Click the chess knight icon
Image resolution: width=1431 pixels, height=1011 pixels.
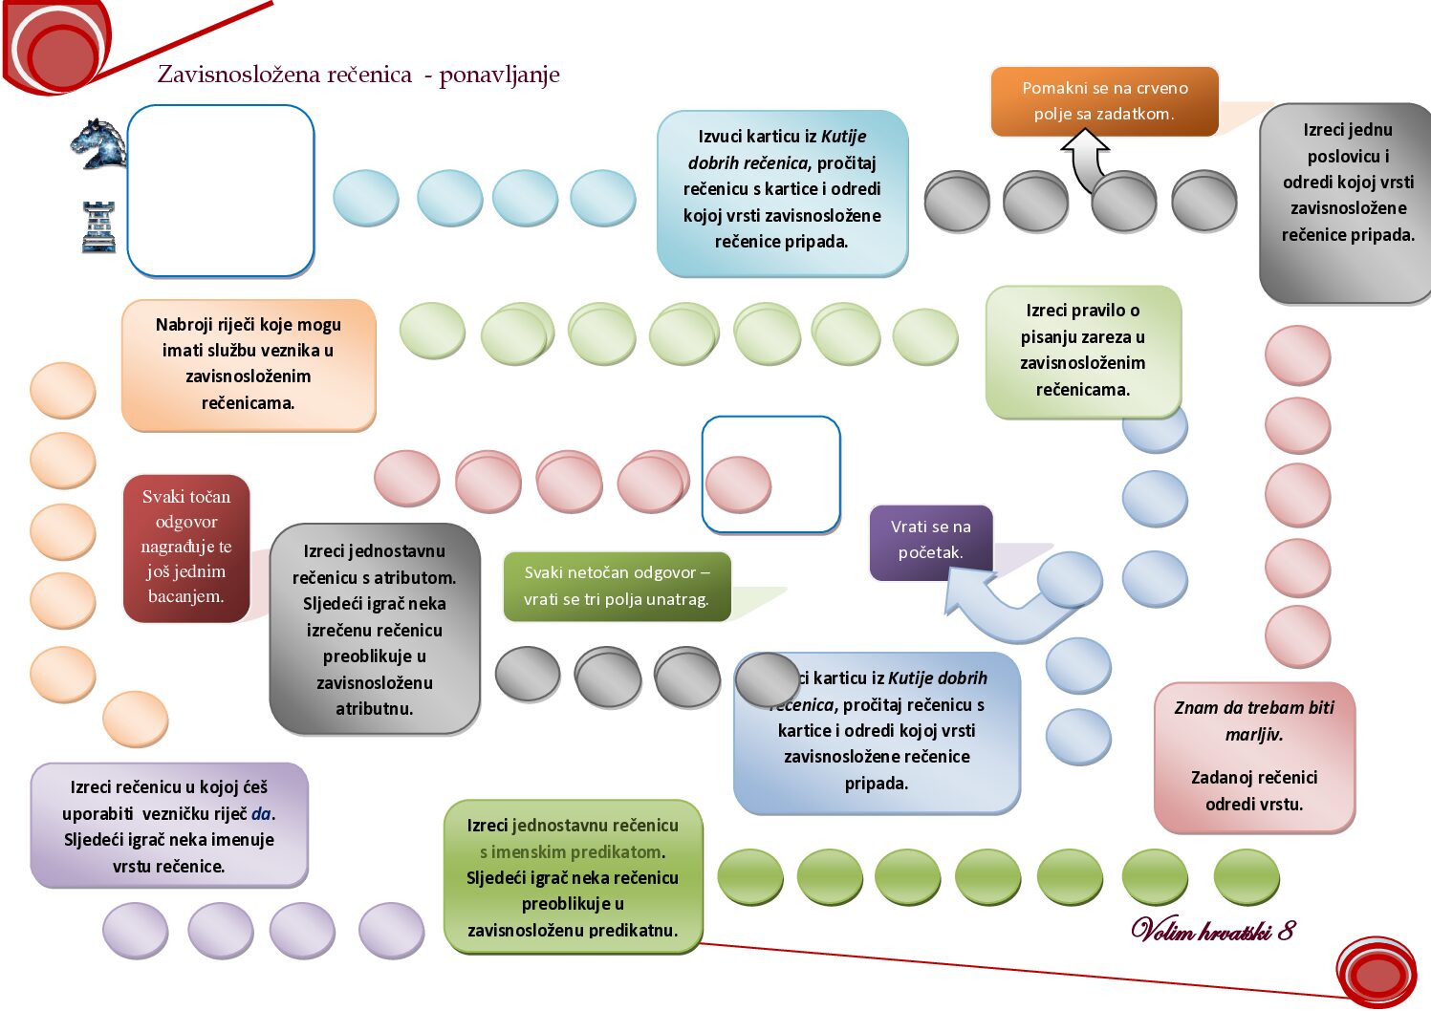98,143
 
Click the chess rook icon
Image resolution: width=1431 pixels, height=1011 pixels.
98,227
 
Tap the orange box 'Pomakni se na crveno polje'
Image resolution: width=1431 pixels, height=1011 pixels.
1104,100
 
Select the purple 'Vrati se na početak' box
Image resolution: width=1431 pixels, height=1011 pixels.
930,540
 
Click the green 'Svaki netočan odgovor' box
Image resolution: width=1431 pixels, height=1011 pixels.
617,586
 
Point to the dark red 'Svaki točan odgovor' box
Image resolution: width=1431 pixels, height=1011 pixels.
186,547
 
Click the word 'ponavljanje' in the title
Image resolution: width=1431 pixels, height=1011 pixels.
499,75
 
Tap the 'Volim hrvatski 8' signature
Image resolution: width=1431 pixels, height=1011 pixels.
1212,930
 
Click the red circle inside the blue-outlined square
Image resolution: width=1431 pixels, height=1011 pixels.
738,484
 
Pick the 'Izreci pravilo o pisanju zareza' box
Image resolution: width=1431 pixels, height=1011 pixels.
1082,351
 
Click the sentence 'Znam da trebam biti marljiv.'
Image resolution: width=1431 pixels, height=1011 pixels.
1254,721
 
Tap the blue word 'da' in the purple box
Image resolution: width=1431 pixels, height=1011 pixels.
261,814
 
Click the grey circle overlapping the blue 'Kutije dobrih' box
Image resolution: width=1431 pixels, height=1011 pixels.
767,679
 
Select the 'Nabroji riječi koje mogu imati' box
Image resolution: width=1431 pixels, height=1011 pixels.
248,364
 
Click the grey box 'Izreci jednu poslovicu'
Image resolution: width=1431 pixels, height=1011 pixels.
1347,183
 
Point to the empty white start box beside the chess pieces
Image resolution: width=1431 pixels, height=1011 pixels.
221,190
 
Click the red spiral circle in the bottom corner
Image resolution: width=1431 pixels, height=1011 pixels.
1377,973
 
